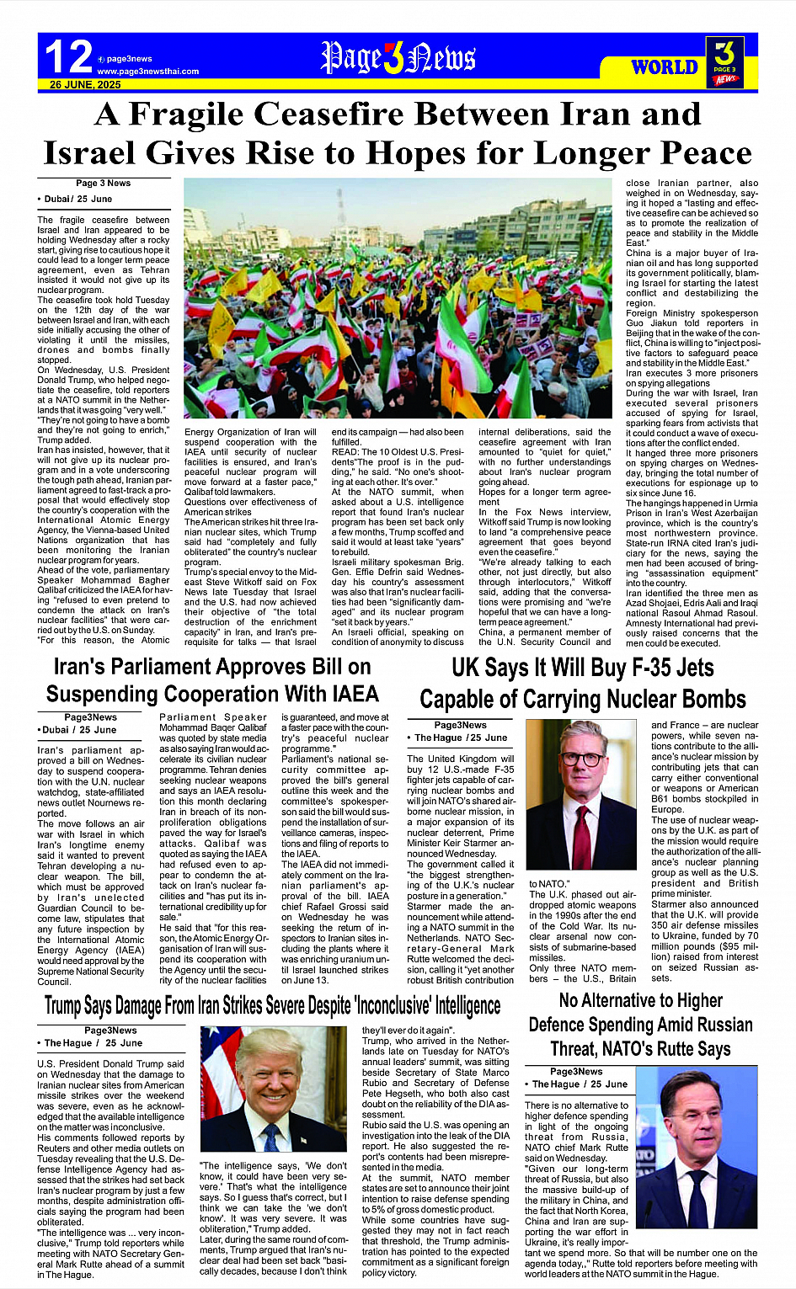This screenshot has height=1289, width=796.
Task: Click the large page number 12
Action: tap(67, 57)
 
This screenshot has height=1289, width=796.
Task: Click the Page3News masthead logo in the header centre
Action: tap(398, 58)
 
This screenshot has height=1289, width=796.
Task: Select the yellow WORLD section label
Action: tap(665, 67)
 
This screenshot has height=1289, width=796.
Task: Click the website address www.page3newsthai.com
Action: tap(147, 72)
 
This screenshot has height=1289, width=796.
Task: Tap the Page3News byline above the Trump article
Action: tap(110, 1031)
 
